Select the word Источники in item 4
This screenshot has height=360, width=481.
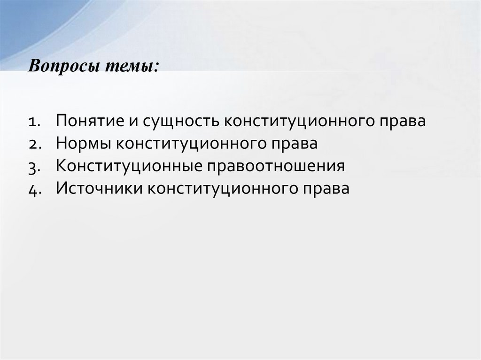[99, 189]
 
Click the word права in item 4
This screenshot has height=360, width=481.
[327, 189]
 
